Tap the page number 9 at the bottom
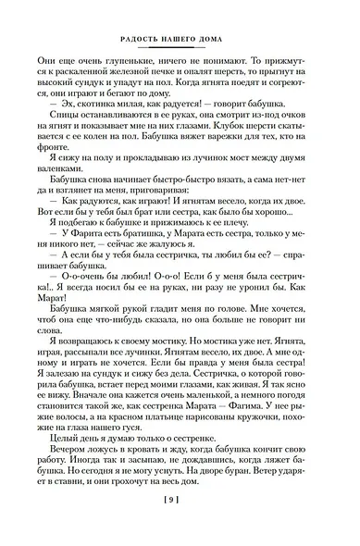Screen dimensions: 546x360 (x=180, y=525)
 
